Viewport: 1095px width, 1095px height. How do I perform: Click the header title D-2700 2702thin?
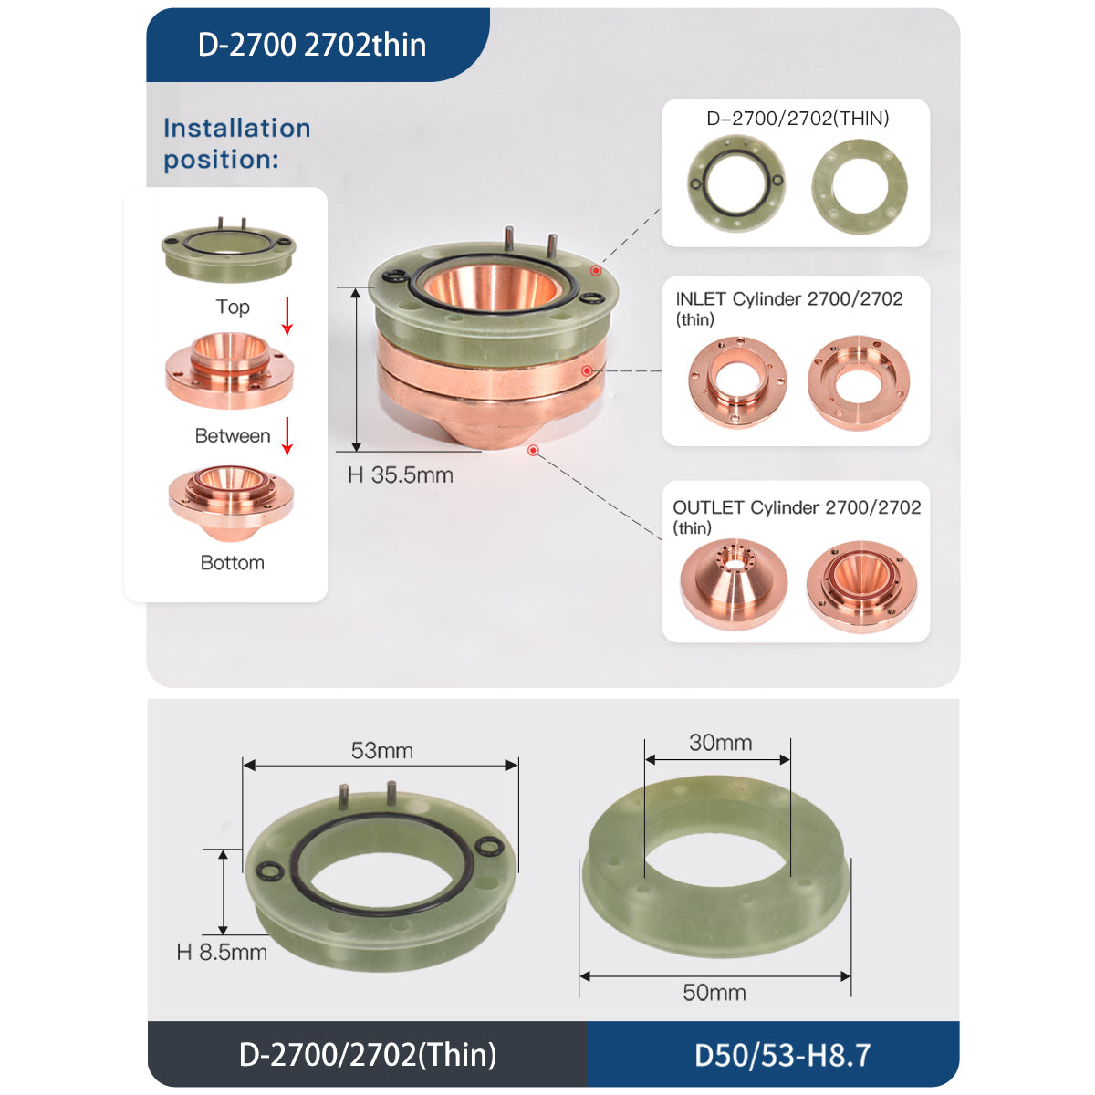click(311, 45)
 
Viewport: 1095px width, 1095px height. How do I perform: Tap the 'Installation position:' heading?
click(236, 143)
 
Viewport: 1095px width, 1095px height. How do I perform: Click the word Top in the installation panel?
click(233, 307)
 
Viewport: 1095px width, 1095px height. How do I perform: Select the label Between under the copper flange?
click(233, 436)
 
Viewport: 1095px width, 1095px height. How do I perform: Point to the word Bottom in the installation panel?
click(233, 563)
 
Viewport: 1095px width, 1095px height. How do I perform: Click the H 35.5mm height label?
click(401, 475)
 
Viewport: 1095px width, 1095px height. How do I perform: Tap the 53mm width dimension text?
click(382, 751)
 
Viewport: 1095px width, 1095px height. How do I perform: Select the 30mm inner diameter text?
click(720, 743)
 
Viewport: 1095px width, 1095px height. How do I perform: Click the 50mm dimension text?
click(714, 993)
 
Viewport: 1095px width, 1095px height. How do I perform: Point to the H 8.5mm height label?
click(222, 953)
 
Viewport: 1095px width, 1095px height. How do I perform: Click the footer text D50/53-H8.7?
click(782, 1056)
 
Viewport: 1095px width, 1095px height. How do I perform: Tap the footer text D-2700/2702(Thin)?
click(368, 1055)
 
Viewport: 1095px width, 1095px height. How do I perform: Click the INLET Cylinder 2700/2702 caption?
click(788, 299)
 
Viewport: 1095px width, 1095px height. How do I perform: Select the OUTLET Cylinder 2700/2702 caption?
click(796, 508)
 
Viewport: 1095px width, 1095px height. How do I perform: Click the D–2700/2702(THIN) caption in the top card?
click(798, 119)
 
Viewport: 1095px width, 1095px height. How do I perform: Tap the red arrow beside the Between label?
click(287, 435)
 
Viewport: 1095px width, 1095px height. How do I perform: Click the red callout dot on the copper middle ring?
click(586, 370)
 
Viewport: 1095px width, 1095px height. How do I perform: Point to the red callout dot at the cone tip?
click(533, 451)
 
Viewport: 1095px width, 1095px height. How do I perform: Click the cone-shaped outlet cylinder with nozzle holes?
click(734, 584)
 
